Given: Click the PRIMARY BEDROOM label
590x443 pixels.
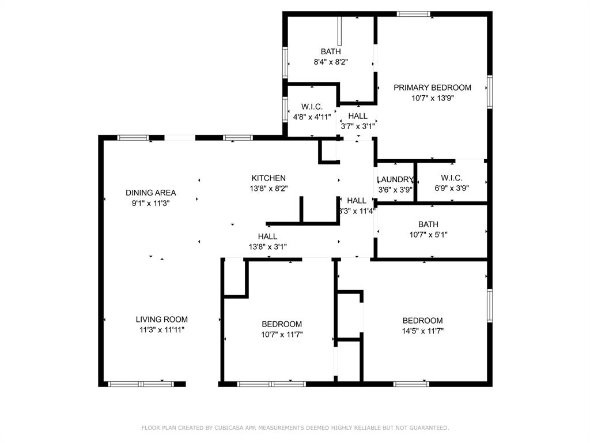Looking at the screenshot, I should tap(432, 88).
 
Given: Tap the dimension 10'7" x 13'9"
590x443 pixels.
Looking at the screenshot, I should tap(432, 98).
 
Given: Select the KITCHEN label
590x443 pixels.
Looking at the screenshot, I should tap(268, 178).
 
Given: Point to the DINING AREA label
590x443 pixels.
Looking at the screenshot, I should tap(150, 193).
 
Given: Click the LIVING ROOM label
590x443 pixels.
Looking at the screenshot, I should tap(161, 319).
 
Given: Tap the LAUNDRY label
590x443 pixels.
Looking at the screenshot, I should tap(396, 179).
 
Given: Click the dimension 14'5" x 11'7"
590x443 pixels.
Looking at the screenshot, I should tap(422, 331).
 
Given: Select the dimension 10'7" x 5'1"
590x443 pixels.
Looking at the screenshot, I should tap(428, 234).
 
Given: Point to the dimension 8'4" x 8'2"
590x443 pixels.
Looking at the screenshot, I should tap(331, 61).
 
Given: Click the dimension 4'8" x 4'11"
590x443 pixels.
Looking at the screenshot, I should tap(312, 117).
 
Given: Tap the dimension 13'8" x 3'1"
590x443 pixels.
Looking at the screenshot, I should tap(267, 246).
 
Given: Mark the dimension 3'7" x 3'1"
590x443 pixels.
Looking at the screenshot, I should tap(357, 126).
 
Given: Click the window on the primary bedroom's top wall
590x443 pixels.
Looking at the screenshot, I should tap(413, 14).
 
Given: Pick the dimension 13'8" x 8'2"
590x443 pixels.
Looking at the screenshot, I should tap(268, 188).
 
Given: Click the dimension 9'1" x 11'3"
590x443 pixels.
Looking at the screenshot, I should tap(150, 203).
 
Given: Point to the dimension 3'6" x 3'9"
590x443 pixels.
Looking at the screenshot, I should tap(396, 189).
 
